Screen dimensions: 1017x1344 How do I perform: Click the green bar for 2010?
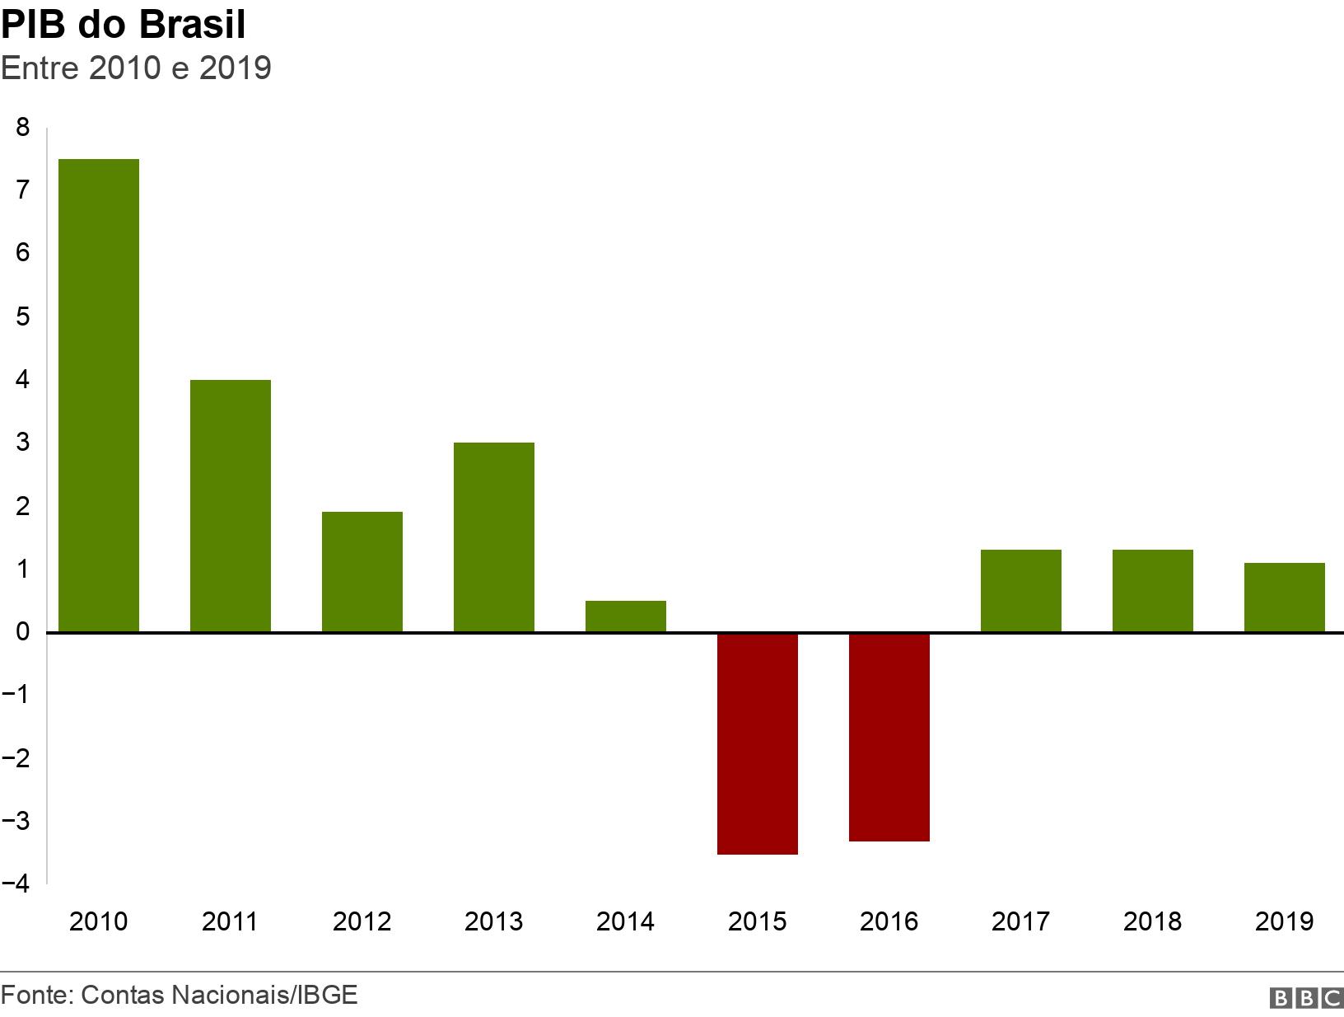tap(99, 396)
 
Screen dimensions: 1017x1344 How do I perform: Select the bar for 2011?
tap(231, 506)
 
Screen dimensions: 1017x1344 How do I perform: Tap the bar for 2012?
tap(362, 572)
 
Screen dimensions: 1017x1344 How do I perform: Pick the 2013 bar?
tap(494, 537)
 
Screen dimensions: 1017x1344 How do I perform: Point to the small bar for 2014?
tap(626, 616)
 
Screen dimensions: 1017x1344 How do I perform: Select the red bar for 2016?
tap(889, 737)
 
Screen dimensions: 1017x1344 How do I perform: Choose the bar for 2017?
tap(1021, 591)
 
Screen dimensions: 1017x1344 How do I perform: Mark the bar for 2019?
tap(1285, 598)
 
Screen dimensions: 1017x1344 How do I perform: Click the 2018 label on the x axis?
tap(1153, 921)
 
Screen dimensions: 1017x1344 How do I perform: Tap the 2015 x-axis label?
tap(758, 921)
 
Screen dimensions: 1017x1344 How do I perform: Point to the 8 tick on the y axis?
tap(22, 127)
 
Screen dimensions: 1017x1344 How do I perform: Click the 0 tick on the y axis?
tap(22, 632)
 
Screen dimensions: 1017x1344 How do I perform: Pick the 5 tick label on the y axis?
tap(22, 316)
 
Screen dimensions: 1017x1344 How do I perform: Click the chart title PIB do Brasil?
tap(124, 25)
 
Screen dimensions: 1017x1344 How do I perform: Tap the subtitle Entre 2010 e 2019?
tap(136, 68)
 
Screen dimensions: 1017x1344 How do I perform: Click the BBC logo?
tap(1307, 998)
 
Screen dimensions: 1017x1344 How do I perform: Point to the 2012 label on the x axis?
tap(362, 921)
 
